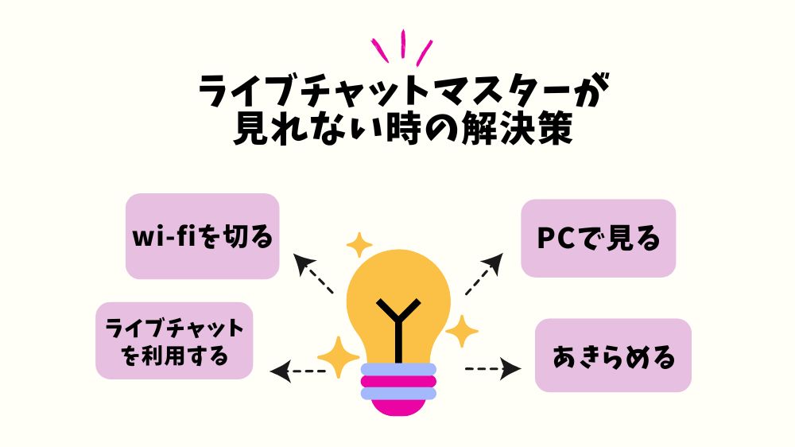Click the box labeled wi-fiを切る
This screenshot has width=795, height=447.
pyautogui.click(x=203, y=236)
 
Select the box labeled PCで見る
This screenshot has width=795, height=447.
pyautogui.click(x=598, y=238)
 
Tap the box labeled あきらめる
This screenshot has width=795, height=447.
pyautogui.click(x=613, y=356)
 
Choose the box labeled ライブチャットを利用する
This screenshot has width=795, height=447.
pyautogui.click(x=174, y=340)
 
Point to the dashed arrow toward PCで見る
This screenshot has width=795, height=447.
pyautogui.click(x=483, y=274)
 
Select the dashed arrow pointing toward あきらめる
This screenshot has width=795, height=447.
pyautogui.click(x=492, y=368)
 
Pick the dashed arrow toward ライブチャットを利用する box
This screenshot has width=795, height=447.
pyautogui.click(x=298, y=371)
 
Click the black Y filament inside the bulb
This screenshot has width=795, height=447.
pyautogui.click(x=395, y=317)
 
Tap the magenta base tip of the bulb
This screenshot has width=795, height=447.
pyautogui.click(x=398, y=406)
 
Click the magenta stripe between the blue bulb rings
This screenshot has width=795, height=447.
pyautogui.click(x=398, y=381)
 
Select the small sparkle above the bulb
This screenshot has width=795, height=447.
pyautogui.click(x=359, y=244)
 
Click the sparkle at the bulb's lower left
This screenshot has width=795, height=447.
pyautogui.click(x=338, y=357)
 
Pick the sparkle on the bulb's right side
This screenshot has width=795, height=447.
pyautogui.click(x=461, y=331)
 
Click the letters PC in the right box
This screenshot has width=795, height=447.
pyautogui.click(x=556, y=238)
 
